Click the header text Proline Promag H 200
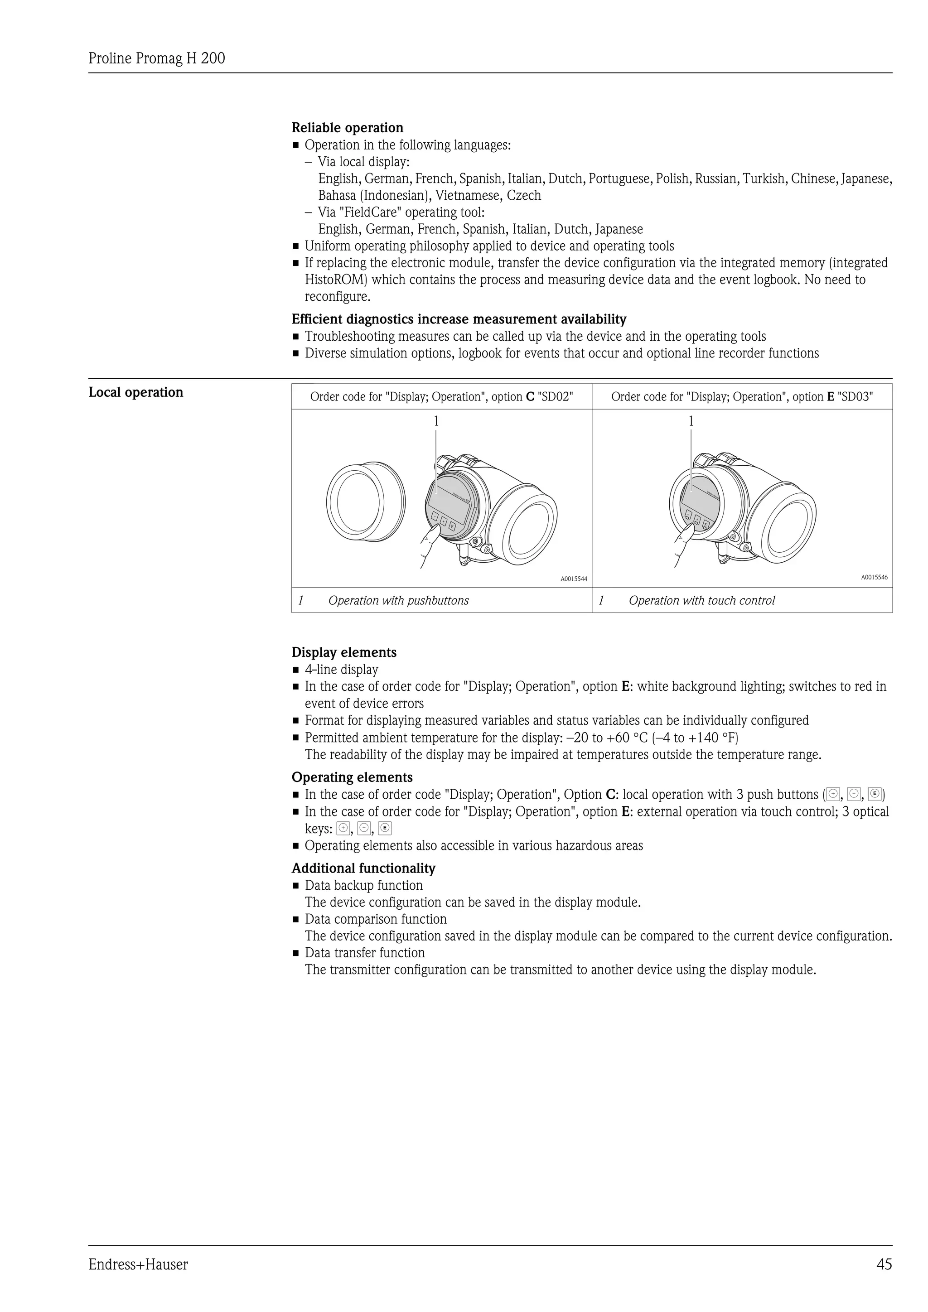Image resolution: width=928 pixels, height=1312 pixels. (x=157, y=58)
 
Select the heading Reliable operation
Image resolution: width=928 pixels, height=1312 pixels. (x=348, y=127)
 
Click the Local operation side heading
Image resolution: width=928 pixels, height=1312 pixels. (x=136, y=392)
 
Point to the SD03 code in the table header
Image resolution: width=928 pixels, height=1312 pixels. (x=855, y=396)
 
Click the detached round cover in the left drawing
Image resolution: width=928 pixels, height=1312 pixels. (x=366, y=501)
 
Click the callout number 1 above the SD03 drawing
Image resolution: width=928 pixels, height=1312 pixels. (x=691, y=421)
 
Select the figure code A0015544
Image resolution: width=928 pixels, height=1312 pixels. (x=573, y=579)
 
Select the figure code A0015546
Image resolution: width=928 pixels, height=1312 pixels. (x=874, y=577)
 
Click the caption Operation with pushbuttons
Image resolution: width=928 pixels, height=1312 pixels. (x=398, y=601)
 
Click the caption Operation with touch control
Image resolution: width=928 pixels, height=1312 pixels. (x=702, y=601)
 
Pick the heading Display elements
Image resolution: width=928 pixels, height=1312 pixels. (x=344, y=652)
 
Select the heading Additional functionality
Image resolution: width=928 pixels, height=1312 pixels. (x=363, y=868)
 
